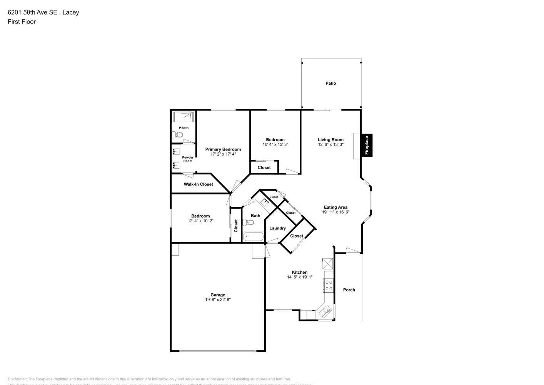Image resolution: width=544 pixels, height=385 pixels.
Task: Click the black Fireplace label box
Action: tap(367, 145)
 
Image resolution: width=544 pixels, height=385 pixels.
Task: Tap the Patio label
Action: tap(330, 83)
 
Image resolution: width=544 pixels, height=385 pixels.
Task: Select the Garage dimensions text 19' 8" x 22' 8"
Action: tap(217, 300)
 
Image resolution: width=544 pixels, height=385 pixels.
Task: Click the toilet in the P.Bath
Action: tap(178, 135)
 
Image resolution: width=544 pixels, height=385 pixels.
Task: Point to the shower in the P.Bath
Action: tap(183, 117)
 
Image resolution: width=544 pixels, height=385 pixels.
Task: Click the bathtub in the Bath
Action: tap(253, 236)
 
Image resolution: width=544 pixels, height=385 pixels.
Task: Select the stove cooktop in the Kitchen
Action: tap(329, 285)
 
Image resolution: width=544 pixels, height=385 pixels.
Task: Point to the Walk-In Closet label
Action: tap(198, 184)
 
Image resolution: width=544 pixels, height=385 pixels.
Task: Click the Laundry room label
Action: tap(277, 228)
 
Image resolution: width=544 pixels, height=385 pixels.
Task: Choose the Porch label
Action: tap(349, 290)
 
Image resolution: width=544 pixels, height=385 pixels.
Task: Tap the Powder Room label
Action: tap(188, 159)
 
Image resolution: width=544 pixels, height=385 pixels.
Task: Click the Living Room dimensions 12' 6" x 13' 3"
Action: tap(330, 145)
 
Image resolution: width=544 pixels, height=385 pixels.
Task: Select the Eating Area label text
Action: tap(335, 207)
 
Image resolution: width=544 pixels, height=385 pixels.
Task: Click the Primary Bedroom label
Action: tap(223, 149)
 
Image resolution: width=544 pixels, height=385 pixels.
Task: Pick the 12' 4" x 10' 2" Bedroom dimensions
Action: tap(200, 221)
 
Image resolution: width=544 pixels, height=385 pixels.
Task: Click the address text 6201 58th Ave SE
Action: tap(32, 12)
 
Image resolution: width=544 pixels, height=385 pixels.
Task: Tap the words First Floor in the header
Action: tap(22, 22)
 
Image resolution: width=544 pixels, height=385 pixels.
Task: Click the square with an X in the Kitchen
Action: tap(327, 264)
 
